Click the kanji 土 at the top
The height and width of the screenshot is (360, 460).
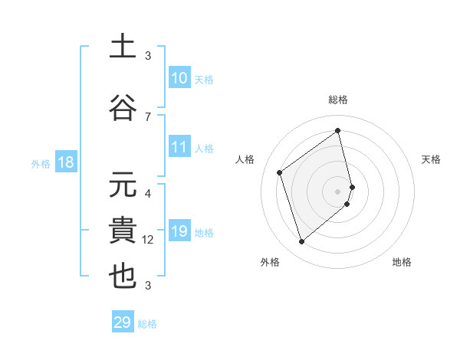click(x=123, y=47)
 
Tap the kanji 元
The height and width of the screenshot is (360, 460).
click(x=123, y=186)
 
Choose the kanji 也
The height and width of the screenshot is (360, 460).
click(x=123, y=277)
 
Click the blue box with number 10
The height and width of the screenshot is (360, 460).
click(x=179, y=78)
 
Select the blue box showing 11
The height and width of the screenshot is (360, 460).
click(x=179, y=147)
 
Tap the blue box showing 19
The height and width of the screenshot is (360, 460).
click(x=179, y=231)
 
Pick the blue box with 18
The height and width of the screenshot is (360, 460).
click(x=65, y=162)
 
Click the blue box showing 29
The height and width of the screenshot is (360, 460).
click(x=123, y=322)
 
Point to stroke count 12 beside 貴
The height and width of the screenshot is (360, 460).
click(x=148, y=240)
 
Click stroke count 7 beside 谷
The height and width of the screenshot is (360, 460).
click(x=148, y=116)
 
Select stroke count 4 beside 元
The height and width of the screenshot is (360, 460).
click(x=148, y=194)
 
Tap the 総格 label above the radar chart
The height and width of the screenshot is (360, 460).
click(x=338, y=100)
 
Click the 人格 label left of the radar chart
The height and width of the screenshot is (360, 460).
click(x=245, y=159)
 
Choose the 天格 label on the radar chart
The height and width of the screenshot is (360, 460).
click(x=431, y=159)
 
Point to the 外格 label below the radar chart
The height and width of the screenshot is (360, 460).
click(x=270, y=262)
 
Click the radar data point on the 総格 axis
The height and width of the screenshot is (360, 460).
click(x=338, y=131)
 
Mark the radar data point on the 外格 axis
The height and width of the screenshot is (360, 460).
click(x=301, y=242)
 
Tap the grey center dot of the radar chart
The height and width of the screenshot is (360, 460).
click(x=338, y=191)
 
